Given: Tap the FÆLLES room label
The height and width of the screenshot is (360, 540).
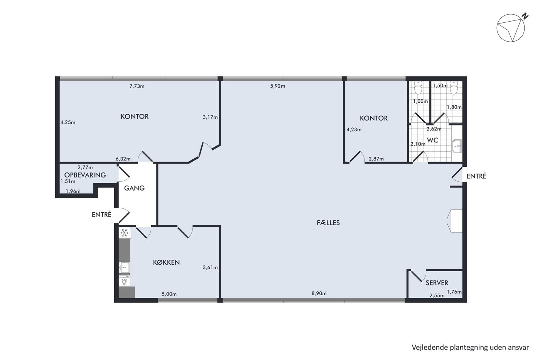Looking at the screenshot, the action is point(328,223).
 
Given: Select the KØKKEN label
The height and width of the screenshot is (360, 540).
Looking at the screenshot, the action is point(166,262).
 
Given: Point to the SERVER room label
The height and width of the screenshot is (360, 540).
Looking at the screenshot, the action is point(437,283).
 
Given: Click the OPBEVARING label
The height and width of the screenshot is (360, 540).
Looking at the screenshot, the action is point(85,175).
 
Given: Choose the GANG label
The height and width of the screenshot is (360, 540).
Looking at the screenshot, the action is point(134,188).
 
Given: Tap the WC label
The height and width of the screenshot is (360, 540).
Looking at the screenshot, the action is point(432,140).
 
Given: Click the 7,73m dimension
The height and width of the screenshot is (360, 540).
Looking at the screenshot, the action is point(137,86).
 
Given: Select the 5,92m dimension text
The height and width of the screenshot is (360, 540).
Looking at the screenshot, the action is point(278,86).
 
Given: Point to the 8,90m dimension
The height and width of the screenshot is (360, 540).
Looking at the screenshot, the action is point(319,294).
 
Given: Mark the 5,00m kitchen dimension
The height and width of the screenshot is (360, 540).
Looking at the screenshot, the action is point(169,294).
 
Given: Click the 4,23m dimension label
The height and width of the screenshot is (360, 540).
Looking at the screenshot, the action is point(354,130).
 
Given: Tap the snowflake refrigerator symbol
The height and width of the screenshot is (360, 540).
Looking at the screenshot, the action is point(124,233).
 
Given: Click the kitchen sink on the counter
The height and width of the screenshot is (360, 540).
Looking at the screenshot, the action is point(124,268).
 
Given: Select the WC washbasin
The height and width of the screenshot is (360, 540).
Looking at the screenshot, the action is point(457,146).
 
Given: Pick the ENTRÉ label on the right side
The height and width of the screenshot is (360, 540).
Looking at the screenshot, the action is point(476,176).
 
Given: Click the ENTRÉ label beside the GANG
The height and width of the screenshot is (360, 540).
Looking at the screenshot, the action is point(101,215).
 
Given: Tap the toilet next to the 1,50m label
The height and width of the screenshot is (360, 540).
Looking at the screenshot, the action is point(454,88).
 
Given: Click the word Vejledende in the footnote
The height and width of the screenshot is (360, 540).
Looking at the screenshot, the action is point(426,348).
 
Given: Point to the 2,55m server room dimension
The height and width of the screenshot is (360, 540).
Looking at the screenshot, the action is point(437,296).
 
